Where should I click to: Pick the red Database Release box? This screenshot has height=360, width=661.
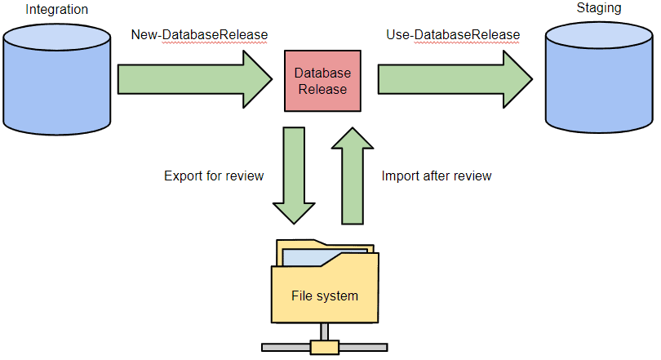click(x=322, y=81)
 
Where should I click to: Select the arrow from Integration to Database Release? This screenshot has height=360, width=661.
click(x=194, y=80)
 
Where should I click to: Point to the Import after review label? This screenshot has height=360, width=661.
click(x=437, y=176)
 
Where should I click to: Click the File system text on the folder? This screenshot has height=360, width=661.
click(x=325, y=296)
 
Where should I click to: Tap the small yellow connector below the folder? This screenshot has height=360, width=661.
click(x=324, y=348)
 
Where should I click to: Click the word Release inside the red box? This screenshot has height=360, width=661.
click(x=322, y=89)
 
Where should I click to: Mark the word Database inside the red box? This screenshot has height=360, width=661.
click(x=322, y=73)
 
